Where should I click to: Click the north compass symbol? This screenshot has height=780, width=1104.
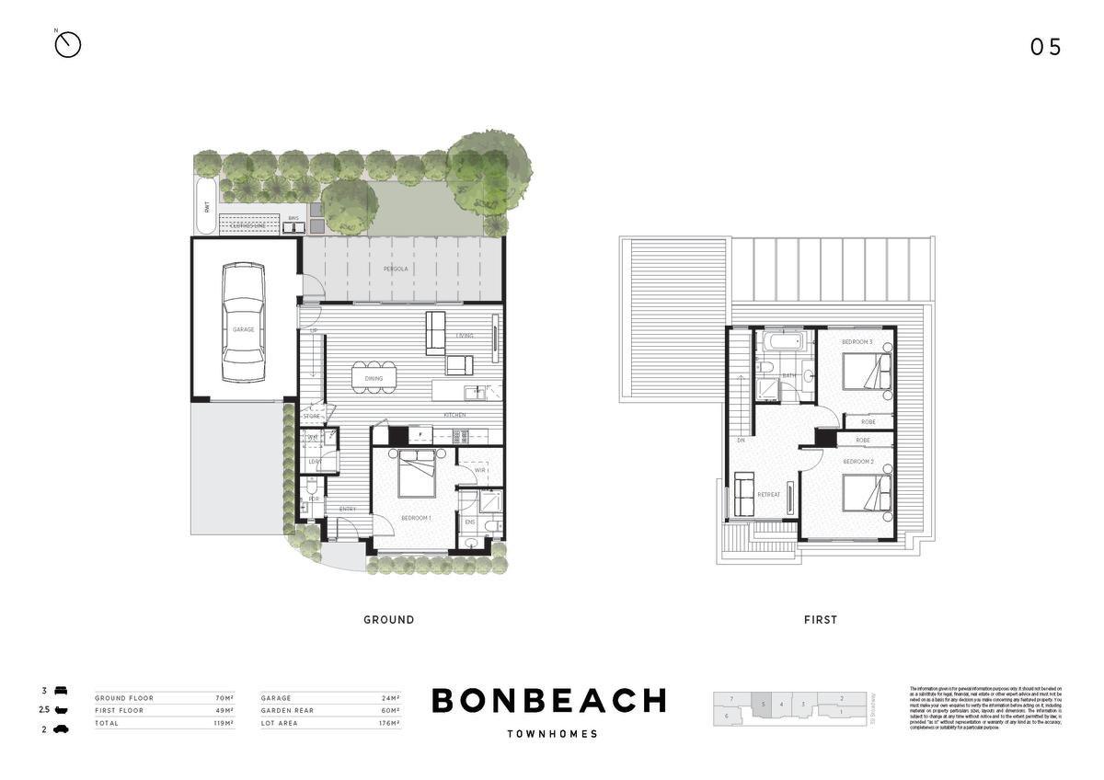pyautogui.click(x=68, y=44)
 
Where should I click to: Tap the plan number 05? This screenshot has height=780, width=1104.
pyautogui.click(x=1045, y=48)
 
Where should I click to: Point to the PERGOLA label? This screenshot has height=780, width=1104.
pyautogui.click(x=396, y=270)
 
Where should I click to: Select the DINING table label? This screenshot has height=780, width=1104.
pyautogui.click(x=374, y=378)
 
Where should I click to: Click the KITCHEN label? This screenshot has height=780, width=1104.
pyautogui.click(x=454, y=416)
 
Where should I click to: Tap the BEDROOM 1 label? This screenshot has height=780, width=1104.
pyautogui.click(x=416, y=519)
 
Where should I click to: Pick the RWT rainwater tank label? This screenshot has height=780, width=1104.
pyautogui.click(x=205, y=206)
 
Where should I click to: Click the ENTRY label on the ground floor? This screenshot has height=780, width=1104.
pyautogui.click(x=348, y=510)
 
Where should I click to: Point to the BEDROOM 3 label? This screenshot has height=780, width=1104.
pyautogui.click(x=857, y=342)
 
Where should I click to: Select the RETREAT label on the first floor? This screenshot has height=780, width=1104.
pyautogui.click(x=768, y=495)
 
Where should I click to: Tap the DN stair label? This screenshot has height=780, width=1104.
pyautogui.click(x=741, y=441)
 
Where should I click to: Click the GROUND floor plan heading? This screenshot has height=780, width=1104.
pyautogui.click(x=388, y=620)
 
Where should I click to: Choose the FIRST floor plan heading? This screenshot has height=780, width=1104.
pyautogui.click(x=821, y=620)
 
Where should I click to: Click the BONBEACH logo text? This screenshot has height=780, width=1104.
pyautogui.click(x=548, y=701)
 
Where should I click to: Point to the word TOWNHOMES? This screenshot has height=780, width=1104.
pyautogui.click(x=552, y=734)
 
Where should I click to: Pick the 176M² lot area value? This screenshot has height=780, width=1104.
pyautogui.click(x=389, y=724)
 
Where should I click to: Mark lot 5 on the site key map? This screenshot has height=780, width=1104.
pyautogui.click(x=762, y=705)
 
